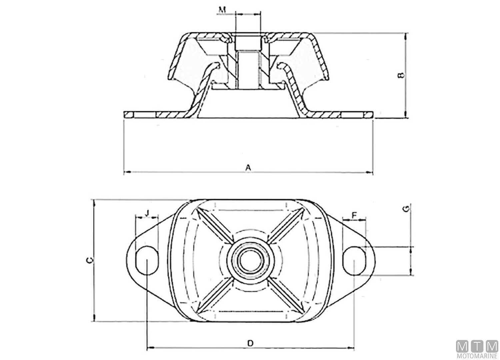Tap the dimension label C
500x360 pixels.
[x=89, y=260]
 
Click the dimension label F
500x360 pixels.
[x=354, y=215]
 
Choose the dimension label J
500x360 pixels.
[x=147, y=212]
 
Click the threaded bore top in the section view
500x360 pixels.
[x=247, y=42]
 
